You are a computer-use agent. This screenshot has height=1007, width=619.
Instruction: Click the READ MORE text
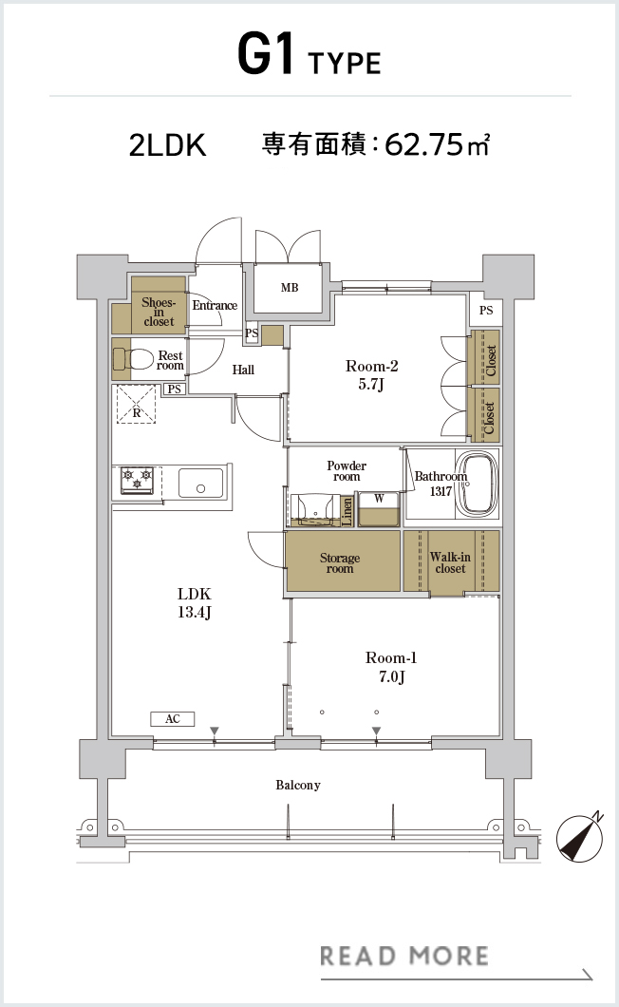404,956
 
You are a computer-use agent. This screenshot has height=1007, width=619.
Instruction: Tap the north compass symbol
580,837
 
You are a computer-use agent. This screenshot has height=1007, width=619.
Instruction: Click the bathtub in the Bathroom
477,484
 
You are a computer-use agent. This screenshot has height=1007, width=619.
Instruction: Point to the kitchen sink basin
201,483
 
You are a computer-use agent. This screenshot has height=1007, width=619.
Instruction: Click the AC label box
172,718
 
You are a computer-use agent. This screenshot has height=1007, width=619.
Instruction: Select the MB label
290,288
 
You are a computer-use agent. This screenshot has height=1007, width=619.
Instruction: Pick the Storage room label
340,563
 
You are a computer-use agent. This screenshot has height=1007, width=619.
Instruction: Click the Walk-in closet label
450,562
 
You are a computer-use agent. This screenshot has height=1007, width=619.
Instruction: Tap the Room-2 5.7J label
372,375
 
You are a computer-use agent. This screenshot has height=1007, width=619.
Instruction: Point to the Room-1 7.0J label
391,667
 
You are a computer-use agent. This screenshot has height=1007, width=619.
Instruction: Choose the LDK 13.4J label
195,602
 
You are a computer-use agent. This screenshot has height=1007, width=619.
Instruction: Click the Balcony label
298,785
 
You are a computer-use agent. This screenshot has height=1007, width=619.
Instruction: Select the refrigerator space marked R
136,404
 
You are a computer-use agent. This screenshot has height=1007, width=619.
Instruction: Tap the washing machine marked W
380,509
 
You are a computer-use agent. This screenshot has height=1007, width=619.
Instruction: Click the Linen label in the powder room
347,512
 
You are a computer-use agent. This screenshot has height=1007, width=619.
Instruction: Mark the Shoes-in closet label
159,312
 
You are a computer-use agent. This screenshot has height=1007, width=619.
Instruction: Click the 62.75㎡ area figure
438,144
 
